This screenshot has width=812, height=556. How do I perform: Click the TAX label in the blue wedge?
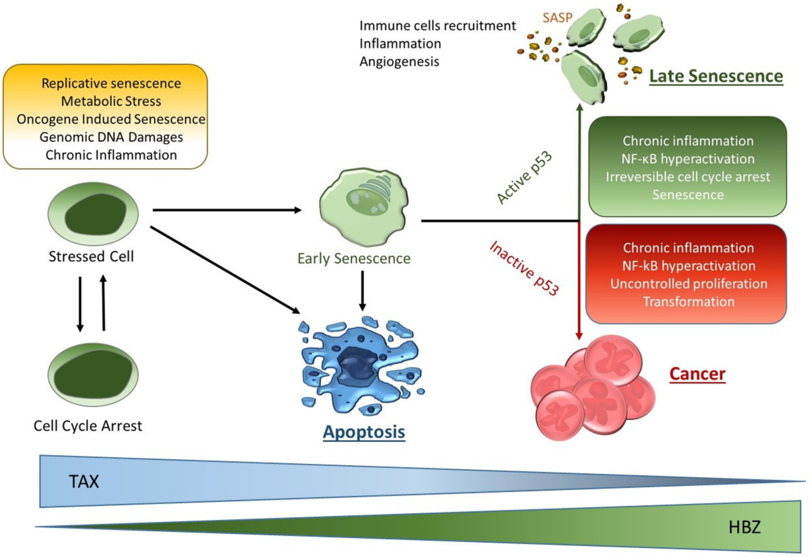click(x=84, y=482)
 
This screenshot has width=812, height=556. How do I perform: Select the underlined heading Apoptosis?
click(x=364, y=432)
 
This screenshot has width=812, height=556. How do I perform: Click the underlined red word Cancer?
click(x=697, y=374)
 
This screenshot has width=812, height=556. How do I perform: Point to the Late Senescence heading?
click(x=716, y=76)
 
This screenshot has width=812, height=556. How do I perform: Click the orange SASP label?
click(x=557, y=17)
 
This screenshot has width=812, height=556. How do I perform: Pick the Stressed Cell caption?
click(x=91, y=256)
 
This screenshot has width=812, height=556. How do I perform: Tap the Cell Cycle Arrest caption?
click(x=88, y=426)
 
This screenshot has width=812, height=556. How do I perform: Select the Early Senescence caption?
click(x=354, y=258)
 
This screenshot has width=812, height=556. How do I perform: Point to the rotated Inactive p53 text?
click(x=524, y=268)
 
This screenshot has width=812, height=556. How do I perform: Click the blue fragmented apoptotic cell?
click(x=360, y=367)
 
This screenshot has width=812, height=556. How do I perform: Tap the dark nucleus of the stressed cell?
click(x=95, y=214)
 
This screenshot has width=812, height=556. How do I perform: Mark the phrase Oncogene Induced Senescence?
click(x=111, y=119)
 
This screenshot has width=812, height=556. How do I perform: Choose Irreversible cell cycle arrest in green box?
click(x=688, y=177)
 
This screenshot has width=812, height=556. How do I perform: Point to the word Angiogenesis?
click(x=399, y=61)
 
